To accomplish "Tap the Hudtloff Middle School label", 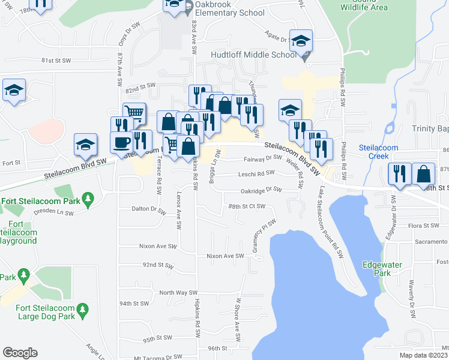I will coord(254,55).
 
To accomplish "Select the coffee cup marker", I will coord(121,142).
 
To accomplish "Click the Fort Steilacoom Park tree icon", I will coord(88,198).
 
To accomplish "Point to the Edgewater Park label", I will coord(377,268).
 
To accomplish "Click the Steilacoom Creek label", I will coord(374,151).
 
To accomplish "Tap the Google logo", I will coord(20,353).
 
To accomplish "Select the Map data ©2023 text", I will coord(423,353).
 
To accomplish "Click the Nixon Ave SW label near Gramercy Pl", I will coord(225,256).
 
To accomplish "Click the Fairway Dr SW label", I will coord(262,158).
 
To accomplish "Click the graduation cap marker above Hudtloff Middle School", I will coord(301,40).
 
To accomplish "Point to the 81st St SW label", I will coord(56,61).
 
